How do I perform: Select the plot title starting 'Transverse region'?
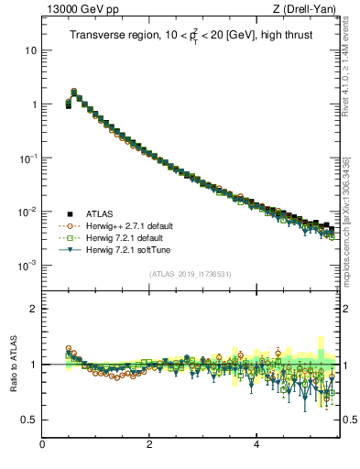coord(190,35)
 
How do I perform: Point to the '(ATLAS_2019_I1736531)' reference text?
coord(191,274)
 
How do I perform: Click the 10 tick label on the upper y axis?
coord(30,49)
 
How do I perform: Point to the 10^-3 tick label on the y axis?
coord(27,265)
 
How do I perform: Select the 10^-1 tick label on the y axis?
coord(27,158)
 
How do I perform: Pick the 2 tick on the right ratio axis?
coord(348,309)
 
